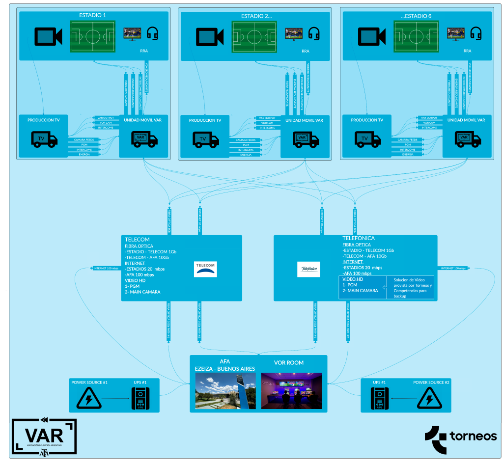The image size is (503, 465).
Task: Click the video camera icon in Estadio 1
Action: coord(48,36)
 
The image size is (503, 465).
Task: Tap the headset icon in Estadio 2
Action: coord(314,34)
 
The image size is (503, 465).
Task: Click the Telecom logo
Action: coord(205,268)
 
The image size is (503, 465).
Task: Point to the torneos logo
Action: coord(461,437)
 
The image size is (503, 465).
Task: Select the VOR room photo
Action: coord(291,391)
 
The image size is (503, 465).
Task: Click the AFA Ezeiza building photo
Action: coord(225,391)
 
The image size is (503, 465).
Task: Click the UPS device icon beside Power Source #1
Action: coord(140,399)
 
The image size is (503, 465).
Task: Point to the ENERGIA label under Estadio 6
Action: coord(407,154)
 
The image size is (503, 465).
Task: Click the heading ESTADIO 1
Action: coord(93,16)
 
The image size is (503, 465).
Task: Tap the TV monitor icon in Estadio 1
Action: coord(132,34)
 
